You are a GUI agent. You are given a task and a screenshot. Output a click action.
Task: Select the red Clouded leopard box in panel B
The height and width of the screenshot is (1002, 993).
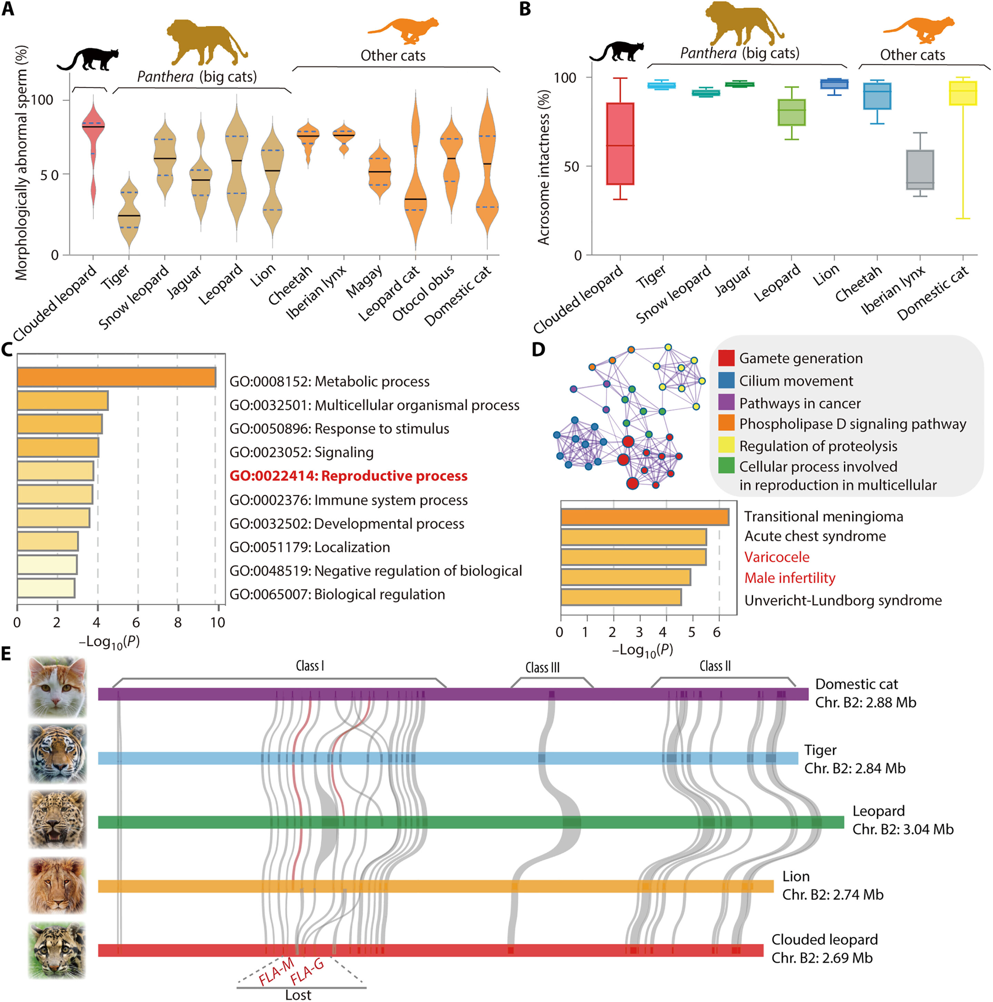pos(620,144)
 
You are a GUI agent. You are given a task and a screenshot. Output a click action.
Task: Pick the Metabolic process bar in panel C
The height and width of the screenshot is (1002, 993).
pos(116,377)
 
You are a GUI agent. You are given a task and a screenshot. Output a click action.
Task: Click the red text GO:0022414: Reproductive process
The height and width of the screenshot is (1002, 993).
pos(349,476)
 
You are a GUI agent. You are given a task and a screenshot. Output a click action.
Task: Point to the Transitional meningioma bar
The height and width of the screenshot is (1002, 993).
pos(644,517)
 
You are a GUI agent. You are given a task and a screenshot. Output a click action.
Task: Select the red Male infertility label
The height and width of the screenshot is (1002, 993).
pos(790,578)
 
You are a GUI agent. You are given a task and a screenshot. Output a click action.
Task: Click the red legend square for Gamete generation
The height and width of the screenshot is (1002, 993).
pos(726,358)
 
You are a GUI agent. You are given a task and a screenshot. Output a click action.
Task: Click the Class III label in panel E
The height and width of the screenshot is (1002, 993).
pos(542,668)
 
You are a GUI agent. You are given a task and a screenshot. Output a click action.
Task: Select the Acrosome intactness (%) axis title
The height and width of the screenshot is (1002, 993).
pos(543,167)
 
